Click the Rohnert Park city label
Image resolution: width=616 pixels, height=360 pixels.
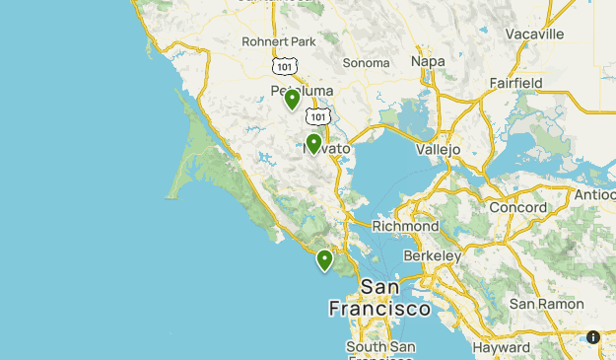coord(277,41)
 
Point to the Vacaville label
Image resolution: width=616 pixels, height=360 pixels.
coord(534,34)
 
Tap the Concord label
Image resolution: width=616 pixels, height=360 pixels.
coord(518,208)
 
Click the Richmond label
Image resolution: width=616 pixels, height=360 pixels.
coord(405,226)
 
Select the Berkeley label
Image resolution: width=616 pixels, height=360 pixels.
coord(433,255)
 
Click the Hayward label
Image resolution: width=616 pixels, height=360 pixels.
coord(501,347)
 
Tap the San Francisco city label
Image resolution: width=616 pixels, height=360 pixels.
coord(379,298)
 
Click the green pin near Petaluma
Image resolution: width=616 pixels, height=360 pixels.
coord(292,100)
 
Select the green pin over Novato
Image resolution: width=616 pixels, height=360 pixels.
coord(313,144)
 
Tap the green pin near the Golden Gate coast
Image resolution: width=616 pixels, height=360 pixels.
coord(324,260)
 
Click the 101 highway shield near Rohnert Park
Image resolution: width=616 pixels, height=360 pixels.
coord(285,65)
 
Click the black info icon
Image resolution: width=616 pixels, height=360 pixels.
coord(593,337)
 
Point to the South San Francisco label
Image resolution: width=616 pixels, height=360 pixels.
coord(380,348)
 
